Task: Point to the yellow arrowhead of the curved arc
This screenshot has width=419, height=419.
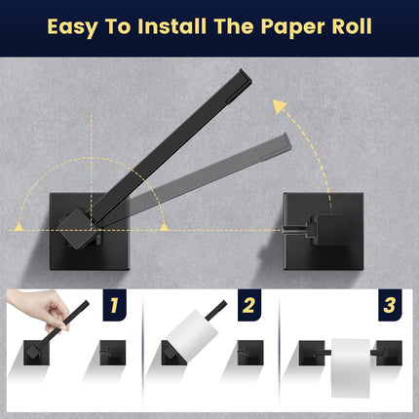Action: pos(284,101)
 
